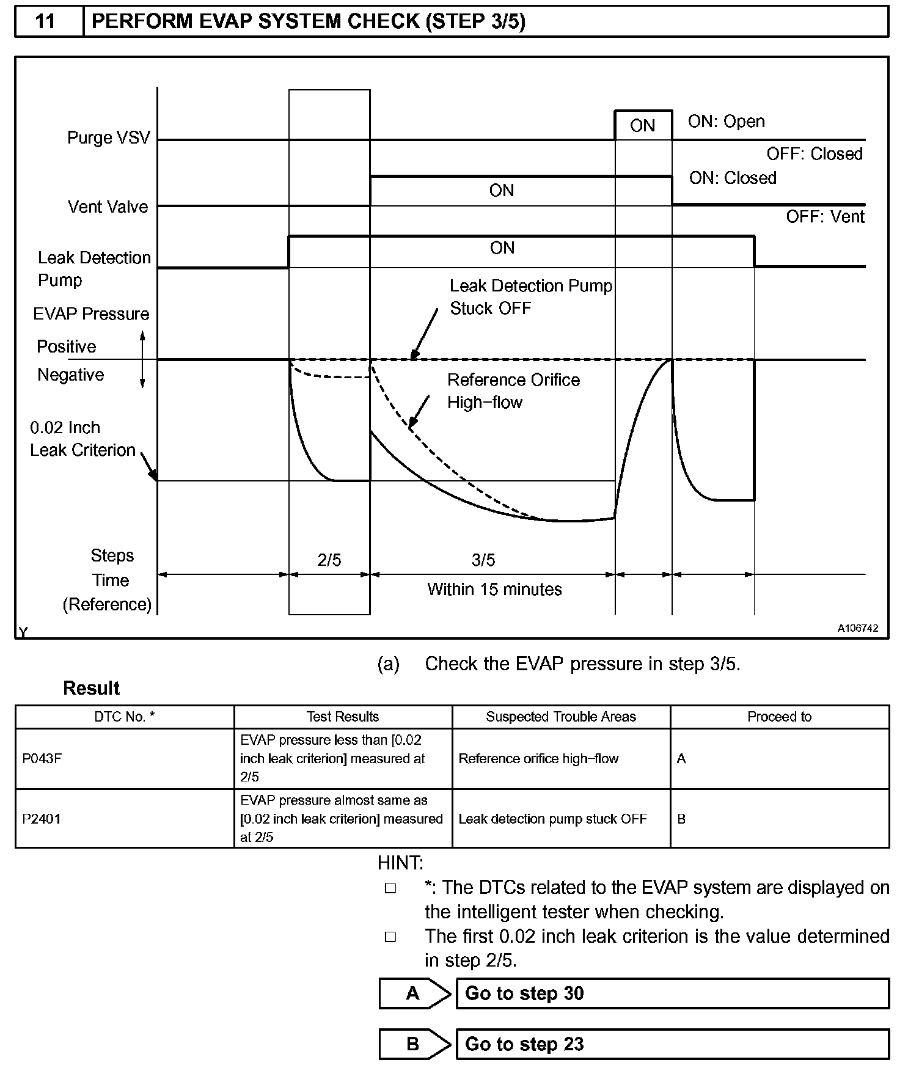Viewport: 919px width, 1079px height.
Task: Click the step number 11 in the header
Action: click(46, 22)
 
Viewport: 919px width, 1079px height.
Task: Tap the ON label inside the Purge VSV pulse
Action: click(642, 126)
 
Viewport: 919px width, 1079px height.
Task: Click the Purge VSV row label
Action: click(108, 137)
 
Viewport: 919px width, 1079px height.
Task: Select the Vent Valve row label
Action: click(108, 207)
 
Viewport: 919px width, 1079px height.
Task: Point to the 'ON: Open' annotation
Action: click(726, 121)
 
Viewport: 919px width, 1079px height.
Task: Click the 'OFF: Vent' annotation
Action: click(825, 217)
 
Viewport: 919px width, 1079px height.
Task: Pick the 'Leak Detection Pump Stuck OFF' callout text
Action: click(530, 297)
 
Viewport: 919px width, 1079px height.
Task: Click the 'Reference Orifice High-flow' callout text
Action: click(513, 391)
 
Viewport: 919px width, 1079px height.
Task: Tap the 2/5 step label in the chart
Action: click(329, 560)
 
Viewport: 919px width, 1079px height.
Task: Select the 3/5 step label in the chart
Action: click(483, 560)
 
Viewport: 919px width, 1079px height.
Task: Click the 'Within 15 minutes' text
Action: click(494, 589)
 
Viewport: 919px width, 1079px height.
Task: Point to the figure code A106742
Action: click(857, 628)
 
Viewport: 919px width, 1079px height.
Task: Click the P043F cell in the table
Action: click(42, 759)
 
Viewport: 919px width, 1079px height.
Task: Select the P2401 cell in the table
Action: click(42, 819)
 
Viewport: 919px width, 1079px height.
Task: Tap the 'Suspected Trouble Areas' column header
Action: click(560, 717)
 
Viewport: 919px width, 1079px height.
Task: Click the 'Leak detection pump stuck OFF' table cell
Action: click(552, 819)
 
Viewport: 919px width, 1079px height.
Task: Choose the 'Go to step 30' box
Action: click(672, 993)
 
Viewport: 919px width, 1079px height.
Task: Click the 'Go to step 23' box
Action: click(672, 1044)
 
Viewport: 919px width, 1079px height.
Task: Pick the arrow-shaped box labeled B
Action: click(414, 1044)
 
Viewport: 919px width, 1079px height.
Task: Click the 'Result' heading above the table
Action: click(91, 688)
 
